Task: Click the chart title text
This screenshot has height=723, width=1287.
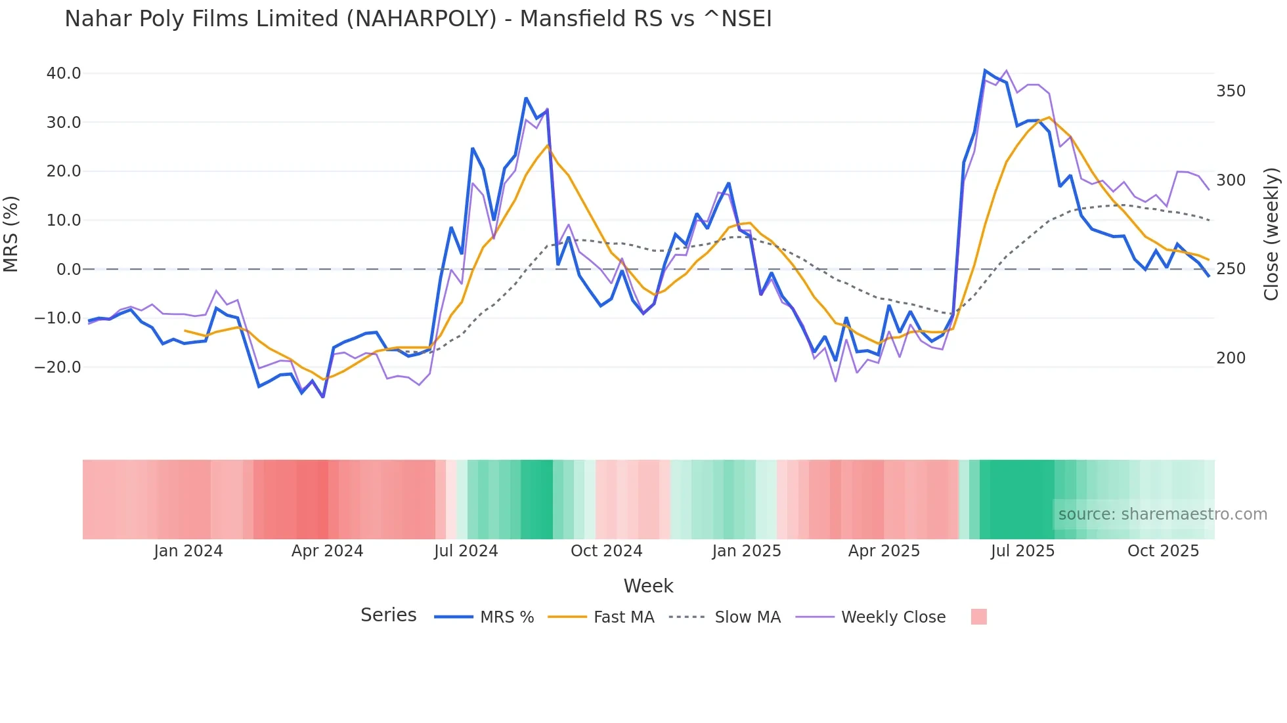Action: [418, 19]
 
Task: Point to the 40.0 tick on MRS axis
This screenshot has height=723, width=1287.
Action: [64, 73]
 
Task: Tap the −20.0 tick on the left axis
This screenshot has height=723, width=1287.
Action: [58, 367]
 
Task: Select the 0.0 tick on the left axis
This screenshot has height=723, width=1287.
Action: [68, 270]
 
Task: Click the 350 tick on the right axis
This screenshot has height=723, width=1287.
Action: [1231, 91]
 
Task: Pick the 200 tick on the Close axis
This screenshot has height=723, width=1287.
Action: [1231, 358]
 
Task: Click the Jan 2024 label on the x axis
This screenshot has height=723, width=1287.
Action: [188, 551]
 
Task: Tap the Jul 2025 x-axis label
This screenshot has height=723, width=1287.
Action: [1022, 551]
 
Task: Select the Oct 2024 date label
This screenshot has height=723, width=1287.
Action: [606, 551]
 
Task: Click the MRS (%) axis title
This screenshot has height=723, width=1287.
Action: [11, 234]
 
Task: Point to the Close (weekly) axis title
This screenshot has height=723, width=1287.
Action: [1271, 234]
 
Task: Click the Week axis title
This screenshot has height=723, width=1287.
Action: [648, 586]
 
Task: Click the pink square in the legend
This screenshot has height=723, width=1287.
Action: [978, 617]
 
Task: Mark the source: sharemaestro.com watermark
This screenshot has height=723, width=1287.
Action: [1162, 514]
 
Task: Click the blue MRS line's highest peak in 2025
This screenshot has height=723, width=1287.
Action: [985, 70]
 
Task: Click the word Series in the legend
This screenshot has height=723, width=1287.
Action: [388, 615]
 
